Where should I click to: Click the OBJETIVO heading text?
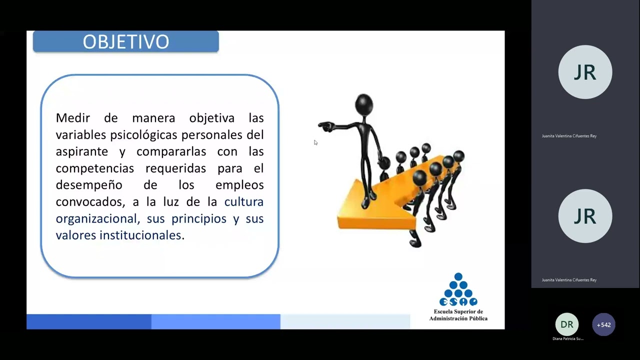click(x=125, y=42)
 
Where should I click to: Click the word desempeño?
click(x=88, y=185)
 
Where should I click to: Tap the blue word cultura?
click(x=243, y=202)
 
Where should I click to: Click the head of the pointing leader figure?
click(x=363, y=103)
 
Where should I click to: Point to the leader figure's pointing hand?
click(x=325, y=126)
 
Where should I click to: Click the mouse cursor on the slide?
click(x=315, y=143)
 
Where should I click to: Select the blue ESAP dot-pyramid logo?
click(x=458, y=290)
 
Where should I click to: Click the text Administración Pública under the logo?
click(x=458, y=318)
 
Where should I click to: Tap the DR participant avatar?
click(x=566, y=324)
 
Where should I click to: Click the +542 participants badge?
click(x=603, y=324)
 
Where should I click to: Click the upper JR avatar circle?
click(x=585, y=72)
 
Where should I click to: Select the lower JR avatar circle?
click(x=585, y=216)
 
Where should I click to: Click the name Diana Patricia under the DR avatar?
click(x=567, y=339)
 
